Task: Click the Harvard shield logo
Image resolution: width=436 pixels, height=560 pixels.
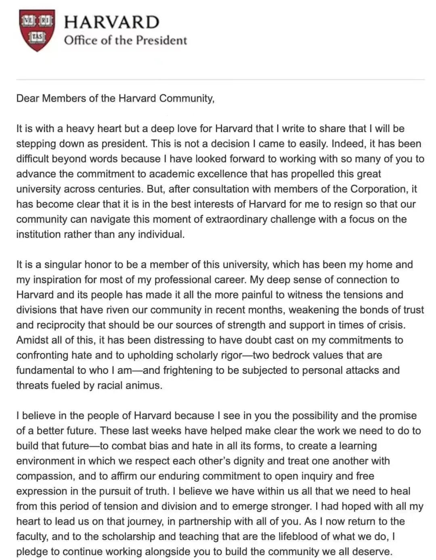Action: tap(37, 31)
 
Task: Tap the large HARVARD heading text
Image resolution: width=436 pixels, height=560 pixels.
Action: tap(111, 22)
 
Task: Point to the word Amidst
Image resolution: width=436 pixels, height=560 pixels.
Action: tap(31, 340)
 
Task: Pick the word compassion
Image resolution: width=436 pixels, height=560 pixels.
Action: tap(45, 476)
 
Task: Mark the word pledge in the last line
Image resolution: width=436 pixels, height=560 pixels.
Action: tap(32, 552)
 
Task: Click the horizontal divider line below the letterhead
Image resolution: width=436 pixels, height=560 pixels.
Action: tap(220, 79)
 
